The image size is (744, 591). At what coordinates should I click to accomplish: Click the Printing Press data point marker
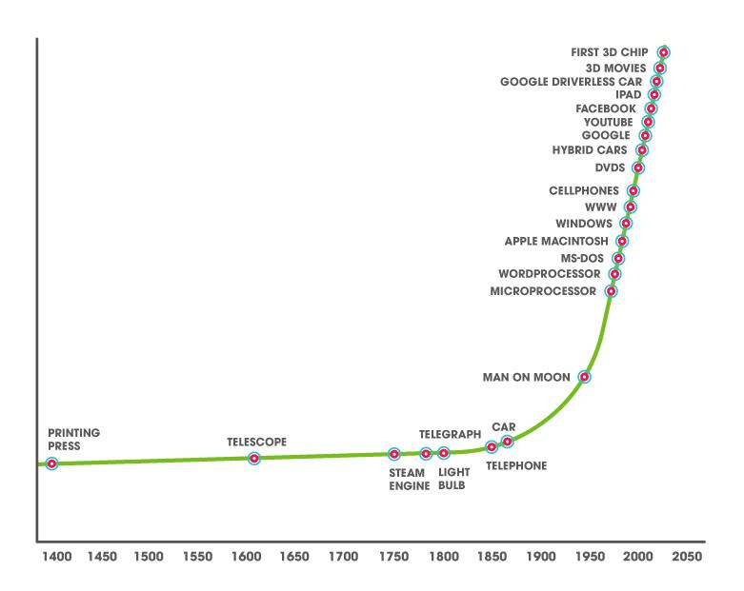click(51, 463)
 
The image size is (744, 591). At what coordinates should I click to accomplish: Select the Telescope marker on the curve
click(253, 459)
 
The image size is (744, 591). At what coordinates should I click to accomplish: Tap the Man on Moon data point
click(585, 377)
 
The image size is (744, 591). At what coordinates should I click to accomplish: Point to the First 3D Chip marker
click(663, 52)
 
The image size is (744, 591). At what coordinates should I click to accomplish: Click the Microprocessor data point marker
click(611, 291)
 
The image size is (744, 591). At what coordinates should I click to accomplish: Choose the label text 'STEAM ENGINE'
click(410, 479)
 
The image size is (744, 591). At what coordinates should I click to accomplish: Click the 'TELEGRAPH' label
click(451, 434)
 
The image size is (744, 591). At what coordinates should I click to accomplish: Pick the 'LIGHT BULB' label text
click(452, 479)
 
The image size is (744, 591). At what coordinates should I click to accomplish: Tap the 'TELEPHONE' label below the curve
click(516, 465)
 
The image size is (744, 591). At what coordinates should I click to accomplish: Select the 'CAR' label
click(504, 427)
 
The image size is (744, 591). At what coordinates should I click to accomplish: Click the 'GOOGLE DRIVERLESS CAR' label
click(571, 82)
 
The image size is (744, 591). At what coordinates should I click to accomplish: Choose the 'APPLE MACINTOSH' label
click(556, 241)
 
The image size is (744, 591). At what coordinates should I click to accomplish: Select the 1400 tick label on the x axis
click(56, 556)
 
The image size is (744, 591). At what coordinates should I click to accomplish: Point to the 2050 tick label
click(686, 556)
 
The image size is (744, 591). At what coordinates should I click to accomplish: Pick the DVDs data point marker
click(638, 168)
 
